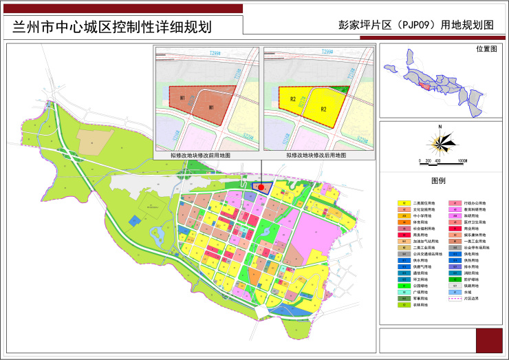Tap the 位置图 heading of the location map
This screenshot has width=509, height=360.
pyautogui.click(x=487, y=50)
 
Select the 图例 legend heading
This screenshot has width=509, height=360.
pyautogui.click(x=438, y=180)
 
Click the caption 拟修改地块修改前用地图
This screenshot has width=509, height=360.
pyautogui.click(x=201, y=156)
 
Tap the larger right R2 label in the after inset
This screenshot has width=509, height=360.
pyautogui.click(x=322, y=109)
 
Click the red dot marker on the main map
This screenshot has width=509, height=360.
pyautogui.click(x=261, y=186)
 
